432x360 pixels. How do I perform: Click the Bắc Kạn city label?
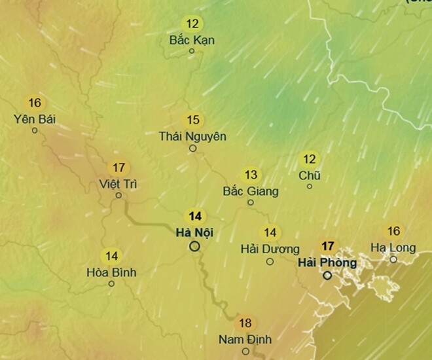click(x=192, y=40)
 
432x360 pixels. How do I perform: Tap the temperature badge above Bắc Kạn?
click(x=192, y=24)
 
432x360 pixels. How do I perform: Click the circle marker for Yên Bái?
click(x=35, y=130)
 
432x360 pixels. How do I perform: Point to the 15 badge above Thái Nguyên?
click(x=192, y=120)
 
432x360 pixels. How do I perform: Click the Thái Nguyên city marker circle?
click(x=192, y=148)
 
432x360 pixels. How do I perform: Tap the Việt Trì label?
click(x=118, y=183)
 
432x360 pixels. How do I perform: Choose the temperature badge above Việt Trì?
click(x=118, y=168)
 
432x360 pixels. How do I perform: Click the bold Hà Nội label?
click(x=195, y=232)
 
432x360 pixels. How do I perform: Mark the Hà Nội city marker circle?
click(x=194, y=246)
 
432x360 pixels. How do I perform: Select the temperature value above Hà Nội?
click(x=194, y=216)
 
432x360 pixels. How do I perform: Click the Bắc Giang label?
click(x=251, y=191)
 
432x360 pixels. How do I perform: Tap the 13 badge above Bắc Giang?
click(x=251, y=175)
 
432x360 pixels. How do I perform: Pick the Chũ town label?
click(x=310, y=175)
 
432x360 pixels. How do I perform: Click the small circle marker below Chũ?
click(x=310, y=187)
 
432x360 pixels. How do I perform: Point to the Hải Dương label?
click(x=270, y=249)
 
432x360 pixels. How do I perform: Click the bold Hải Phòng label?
click(x=327, y=262)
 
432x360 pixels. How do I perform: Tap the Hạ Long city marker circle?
click(x=393, y=259)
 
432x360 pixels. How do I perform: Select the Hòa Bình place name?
click(x=111, y=272)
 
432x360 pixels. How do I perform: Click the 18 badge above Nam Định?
click(x=245, y=323)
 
